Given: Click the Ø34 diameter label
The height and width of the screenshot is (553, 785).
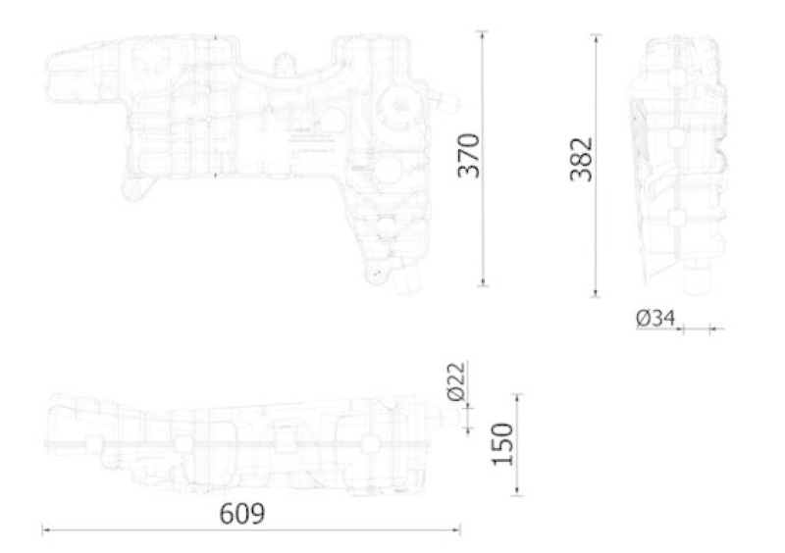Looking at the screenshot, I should (x=654, y=318).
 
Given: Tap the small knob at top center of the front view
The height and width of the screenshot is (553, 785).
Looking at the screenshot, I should (x=286, y=64).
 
